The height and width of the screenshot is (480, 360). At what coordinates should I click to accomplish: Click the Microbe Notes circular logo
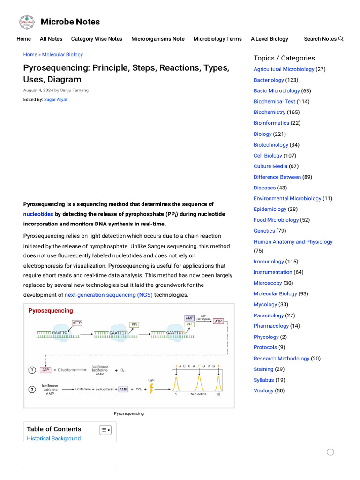27,22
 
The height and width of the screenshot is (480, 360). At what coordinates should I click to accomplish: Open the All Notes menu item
51,39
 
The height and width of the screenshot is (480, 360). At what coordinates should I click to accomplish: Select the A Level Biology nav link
269,39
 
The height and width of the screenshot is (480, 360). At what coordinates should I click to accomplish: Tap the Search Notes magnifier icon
341,39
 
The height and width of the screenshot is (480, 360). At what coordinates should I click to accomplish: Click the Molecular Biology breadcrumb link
62,55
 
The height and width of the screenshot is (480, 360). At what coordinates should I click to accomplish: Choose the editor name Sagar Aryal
55,99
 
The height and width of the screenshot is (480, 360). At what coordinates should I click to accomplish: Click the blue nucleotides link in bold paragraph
38,214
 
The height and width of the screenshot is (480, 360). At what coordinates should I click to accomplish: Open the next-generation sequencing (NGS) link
108,295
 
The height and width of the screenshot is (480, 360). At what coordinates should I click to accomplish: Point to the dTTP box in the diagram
77,322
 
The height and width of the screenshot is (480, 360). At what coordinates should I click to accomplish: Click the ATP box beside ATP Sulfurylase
218,321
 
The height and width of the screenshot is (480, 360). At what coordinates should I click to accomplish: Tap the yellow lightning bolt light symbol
151,389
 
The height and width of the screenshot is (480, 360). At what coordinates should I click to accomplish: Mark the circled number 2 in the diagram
32,389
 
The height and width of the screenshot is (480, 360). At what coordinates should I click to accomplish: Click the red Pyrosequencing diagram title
51,311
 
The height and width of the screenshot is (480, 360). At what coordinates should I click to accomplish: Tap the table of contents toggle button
105,430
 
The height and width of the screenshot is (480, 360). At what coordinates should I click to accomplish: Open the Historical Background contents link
53,439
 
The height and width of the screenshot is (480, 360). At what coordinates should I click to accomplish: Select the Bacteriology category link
269,80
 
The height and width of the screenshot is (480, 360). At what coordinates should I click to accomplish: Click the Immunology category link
269,262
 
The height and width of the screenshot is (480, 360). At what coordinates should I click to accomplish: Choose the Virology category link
263,390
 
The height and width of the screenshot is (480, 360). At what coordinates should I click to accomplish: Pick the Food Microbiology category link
276,220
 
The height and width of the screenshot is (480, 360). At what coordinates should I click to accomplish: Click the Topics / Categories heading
284,58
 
